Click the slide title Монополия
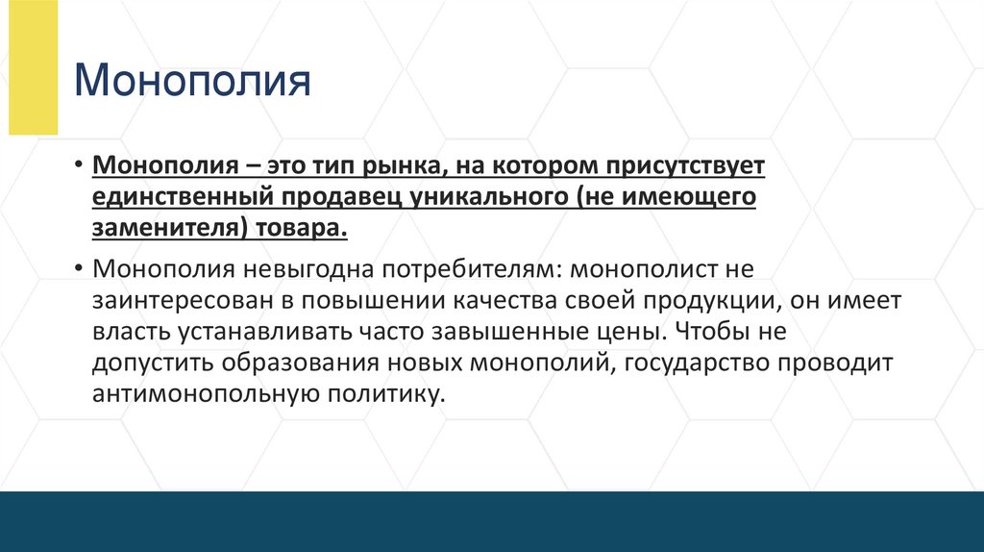point(193,81)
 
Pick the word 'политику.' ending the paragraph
point(392,395)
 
